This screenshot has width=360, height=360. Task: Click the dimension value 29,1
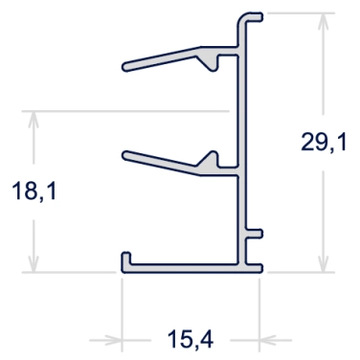[324, 143]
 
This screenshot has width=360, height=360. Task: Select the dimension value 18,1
[34, 191]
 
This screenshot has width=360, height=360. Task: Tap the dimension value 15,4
[191, 339]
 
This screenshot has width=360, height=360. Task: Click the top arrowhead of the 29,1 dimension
[324, 22]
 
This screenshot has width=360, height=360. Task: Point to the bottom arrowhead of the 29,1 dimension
[324, 263]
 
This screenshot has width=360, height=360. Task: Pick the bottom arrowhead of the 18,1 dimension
[34, 263]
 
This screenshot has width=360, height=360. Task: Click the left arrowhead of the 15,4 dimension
[112, 340]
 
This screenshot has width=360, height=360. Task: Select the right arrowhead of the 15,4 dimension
[269, 340]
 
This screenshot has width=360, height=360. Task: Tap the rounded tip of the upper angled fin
[125, 66]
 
